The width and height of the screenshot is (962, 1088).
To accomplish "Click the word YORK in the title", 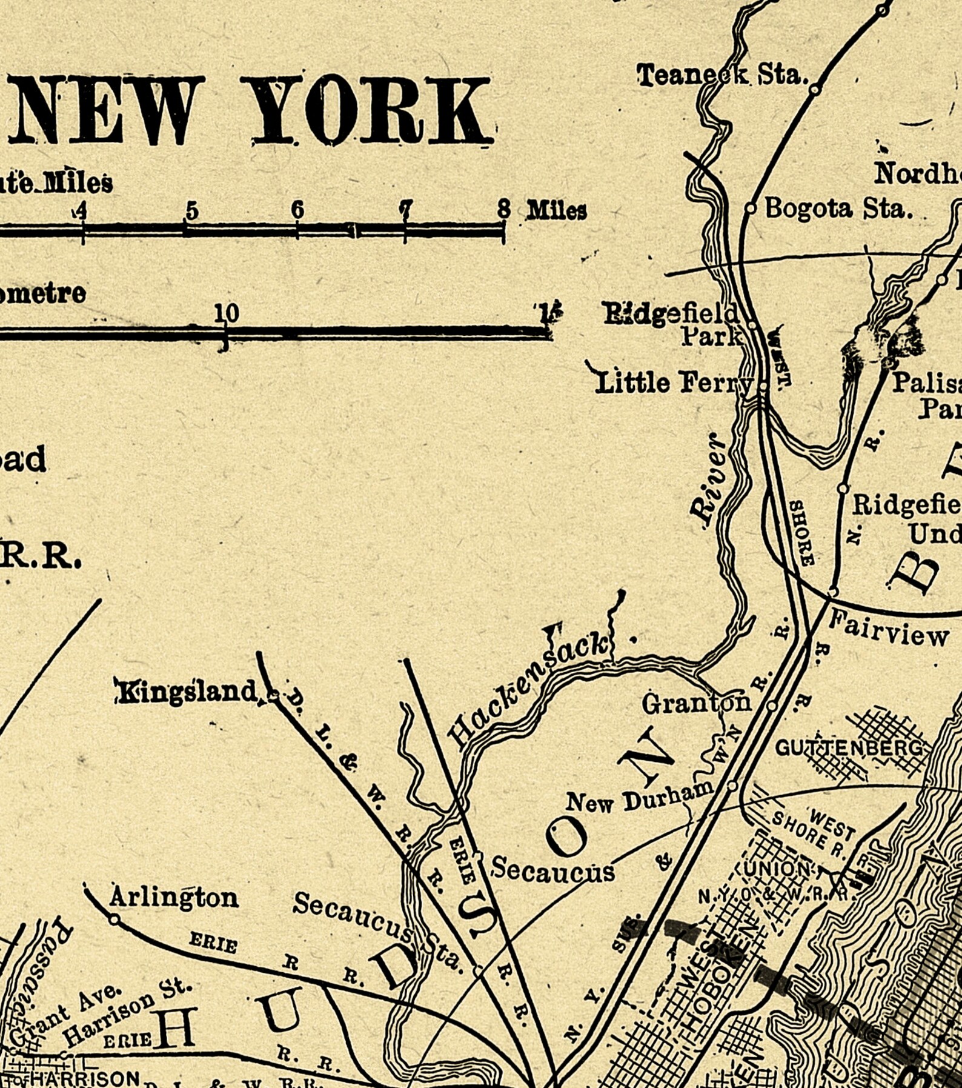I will tap(370, 110).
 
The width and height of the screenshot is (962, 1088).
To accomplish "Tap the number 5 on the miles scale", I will tap(191, 210).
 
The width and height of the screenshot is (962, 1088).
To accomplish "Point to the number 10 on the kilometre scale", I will tap(227, 313).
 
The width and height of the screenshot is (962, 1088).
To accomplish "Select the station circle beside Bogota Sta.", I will tap(750, 209).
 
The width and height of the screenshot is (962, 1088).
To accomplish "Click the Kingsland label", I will tap(187, 692).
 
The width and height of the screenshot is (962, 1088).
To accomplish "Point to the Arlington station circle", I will tap(114, 919).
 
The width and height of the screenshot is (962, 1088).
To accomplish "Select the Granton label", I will tap(697, 704).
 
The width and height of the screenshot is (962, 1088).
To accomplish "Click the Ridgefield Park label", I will tap(672, 324).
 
